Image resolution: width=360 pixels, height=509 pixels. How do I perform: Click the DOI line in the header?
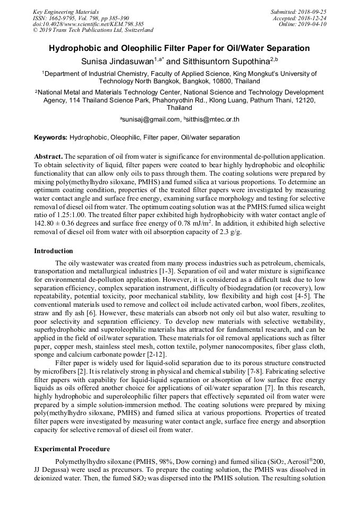[x=88, y=24]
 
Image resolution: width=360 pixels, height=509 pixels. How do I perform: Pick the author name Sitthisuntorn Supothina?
[x=225, y=62]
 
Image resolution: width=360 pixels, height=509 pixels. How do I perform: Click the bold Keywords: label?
[x=51, y=137]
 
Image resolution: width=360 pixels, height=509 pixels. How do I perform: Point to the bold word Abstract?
[x=48, y=157]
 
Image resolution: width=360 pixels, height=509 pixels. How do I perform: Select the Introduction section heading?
[x=53, y=251]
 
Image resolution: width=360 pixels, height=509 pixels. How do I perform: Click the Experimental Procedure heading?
[x=72, y=448]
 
